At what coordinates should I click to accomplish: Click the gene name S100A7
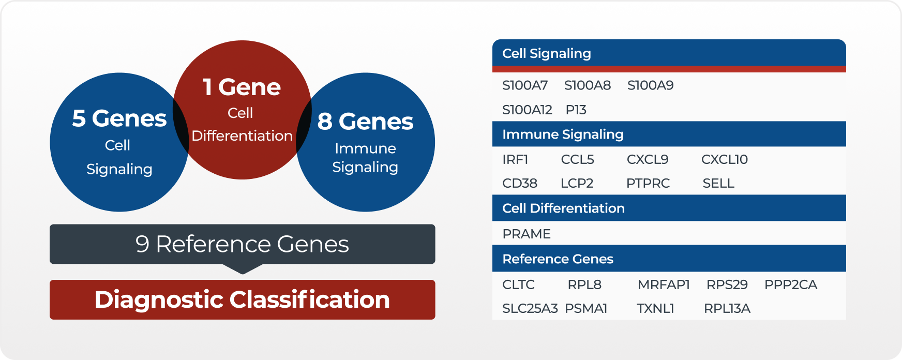pos(524,85)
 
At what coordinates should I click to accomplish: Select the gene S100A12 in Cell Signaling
pos(527,110)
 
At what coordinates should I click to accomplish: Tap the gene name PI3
pos(576,110)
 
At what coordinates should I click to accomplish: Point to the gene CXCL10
pos(724,159)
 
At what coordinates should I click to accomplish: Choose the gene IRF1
pos(515,159)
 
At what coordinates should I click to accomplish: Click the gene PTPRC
pos(648,183)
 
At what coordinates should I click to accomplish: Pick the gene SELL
pos(718,183)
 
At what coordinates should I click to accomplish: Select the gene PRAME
pos(526,234)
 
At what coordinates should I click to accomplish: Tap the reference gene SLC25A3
pos(530,308)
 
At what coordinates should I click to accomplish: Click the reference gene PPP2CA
pos(790,284)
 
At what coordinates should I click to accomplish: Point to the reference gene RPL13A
pos(727,308)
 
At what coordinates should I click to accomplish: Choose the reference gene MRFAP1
pos(663,284)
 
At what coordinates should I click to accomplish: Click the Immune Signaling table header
pos(563,134)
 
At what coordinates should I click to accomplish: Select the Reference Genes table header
pos(558,259)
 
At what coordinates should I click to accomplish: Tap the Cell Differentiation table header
pos(563,208)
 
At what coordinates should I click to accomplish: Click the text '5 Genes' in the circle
pos(119,118)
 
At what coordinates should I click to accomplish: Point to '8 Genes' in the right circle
pos(365,122)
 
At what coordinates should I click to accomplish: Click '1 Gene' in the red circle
pos(242,87)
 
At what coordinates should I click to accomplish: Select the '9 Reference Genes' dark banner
pos(242,244)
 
